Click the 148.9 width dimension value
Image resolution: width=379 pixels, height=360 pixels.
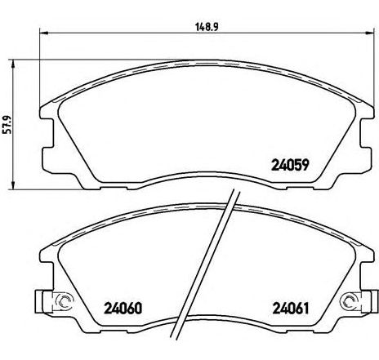207,27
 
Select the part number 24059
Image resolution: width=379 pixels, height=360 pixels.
290,165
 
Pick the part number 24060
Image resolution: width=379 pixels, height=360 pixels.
123,309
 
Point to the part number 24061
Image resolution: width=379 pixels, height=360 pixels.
291,309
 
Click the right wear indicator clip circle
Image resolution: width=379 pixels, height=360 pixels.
350,301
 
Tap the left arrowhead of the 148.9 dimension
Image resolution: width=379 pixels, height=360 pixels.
44,33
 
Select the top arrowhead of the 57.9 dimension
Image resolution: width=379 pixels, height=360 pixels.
12,64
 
